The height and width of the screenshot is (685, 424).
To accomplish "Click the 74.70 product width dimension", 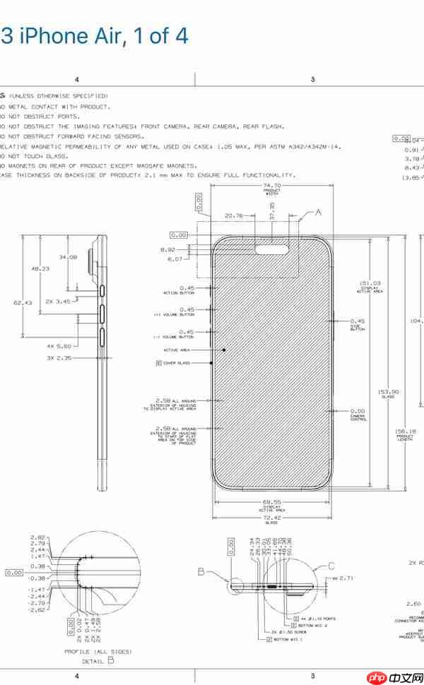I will [x=272, y=186].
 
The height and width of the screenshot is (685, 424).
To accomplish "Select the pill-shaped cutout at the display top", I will [x=271, y=249].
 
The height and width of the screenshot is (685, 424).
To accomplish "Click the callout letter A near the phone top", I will [x=318, y=212].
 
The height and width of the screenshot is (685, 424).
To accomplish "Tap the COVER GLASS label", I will [x=178, y=363].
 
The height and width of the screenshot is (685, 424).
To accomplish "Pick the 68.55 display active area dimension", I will [x=272, y=502].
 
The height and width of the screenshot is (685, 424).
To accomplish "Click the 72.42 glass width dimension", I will [x=272, y=518].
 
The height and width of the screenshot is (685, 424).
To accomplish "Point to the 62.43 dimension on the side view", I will [x=23, y=302].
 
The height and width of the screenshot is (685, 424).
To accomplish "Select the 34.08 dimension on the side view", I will [x=69, y=256].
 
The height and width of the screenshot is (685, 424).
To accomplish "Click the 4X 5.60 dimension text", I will [x=59, y=346].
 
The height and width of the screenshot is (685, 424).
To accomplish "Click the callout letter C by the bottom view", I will [x=331, y=565].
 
